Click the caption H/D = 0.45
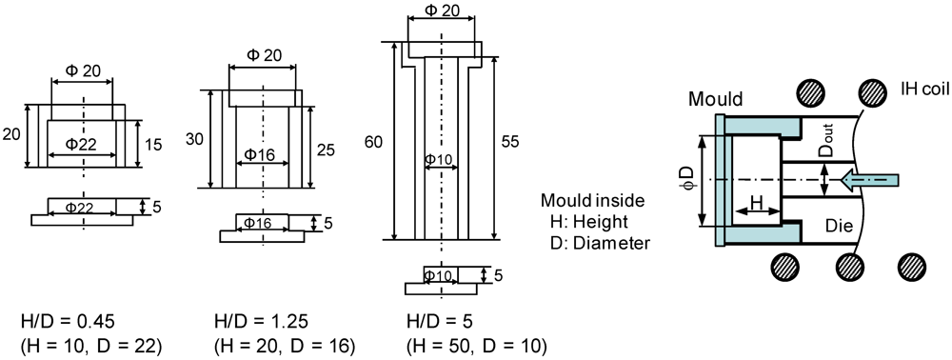[x=69, y=321]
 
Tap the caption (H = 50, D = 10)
[x=477, y=346]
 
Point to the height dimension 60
[x=374, y=142]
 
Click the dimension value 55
[x=512, y=142]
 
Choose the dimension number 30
[x=195, y=140]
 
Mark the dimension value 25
[x=326, y=150]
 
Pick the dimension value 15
[x=153, y=145]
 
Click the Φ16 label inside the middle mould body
[x=261, y=155]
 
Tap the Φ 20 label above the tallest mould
[x=442, y=10]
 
